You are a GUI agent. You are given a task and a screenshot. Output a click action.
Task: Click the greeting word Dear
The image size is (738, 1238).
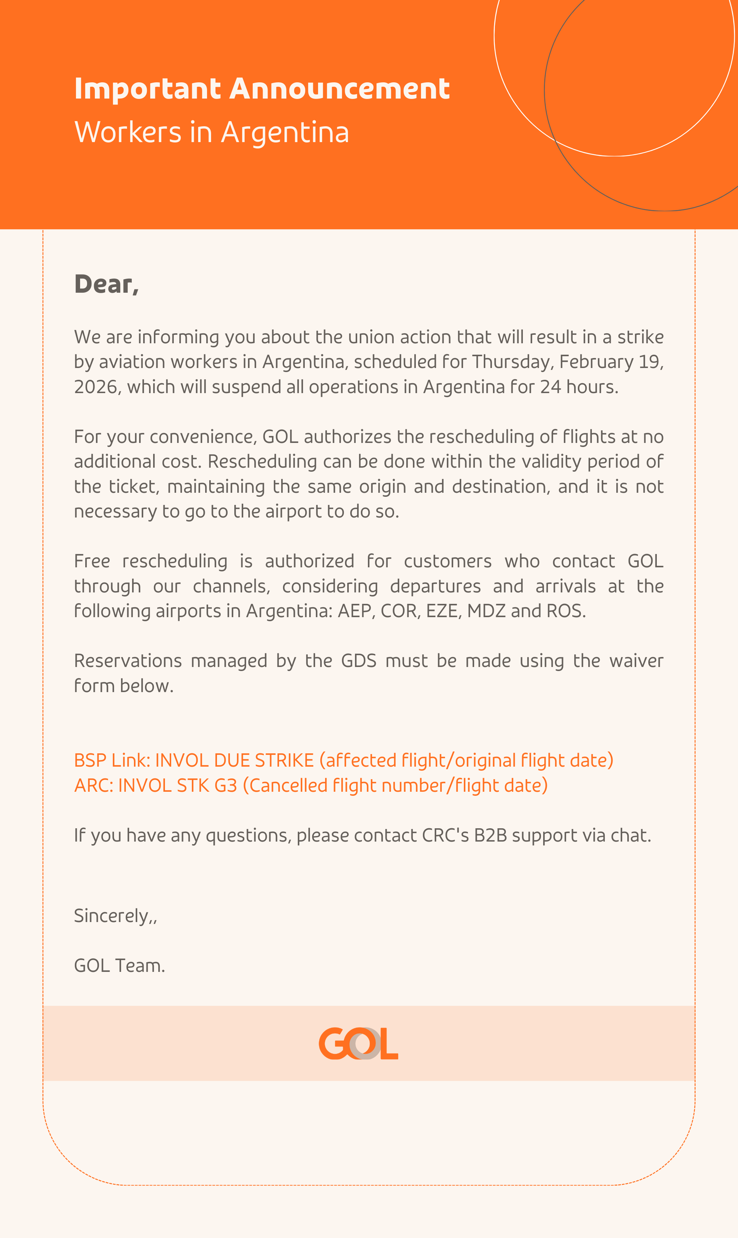point(104,285)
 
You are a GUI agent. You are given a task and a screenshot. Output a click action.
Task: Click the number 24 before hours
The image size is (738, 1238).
point(551,387)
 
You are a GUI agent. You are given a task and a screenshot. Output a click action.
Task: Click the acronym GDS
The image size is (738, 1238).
point(359,661)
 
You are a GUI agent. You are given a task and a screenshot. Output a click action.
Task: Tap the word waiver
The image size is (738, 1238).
point(636,661)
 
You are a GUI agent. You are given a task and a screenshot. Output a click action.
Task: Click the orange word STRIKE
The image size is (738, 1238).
point(284,760)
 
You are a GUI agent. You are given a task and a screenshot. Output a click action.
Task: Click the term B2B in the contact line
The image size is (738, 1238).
point(490,836)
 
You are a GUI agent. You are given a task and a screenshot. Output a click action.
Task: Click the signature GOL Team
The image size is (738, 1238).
point(119,966)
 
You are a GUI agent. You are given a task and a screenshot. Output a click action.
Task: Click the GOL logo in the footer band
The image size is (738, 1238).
point(359,1043)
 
